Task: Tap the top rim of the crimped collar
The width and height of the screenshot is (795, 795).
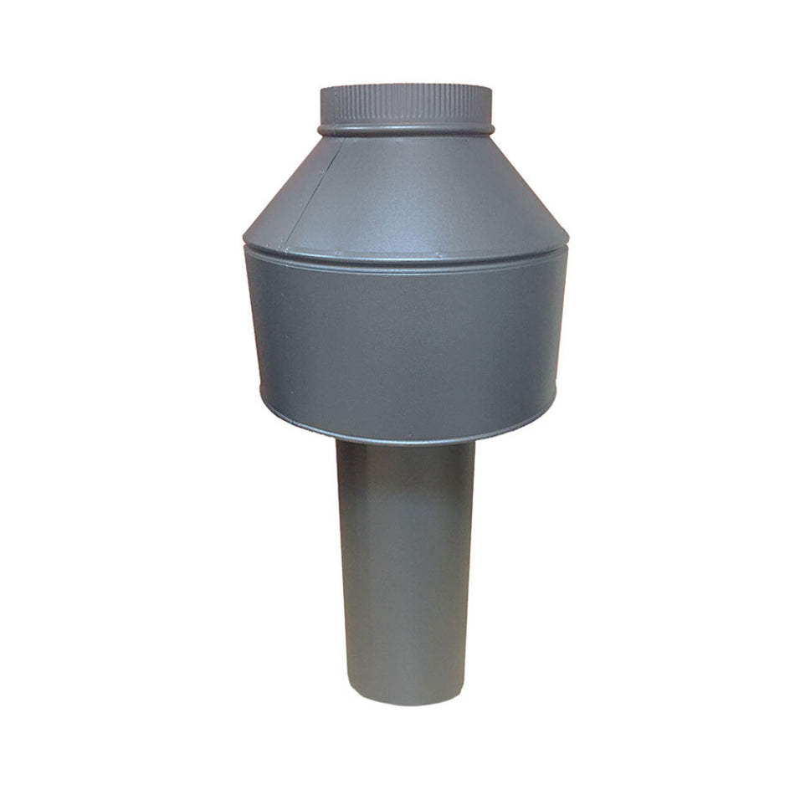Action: (406, 86)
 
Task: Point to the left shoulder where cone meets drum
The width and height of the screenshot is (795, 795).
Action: (246, 243)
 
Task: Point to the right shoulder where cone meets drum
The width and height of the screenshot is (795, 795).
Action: (567, 243)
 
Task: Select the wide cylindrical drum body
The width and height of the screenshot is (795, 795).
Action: (406, 343)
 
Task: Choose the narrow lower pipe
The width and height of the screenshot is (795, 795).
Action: (406, 569)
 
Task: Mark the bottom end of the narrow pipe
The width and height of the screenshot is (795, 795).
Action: (406, 700)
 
